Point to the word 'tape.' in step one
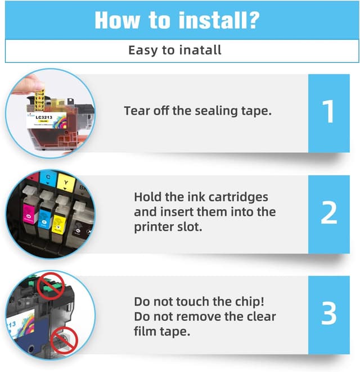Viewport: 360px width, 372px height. point(257,111)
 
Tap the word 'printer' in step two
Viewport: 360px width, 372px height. point(155,227)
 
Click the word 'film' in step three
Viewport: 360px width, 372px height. point(146,331)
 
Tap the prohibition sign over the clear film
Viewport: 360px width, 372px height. point(64,341)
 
